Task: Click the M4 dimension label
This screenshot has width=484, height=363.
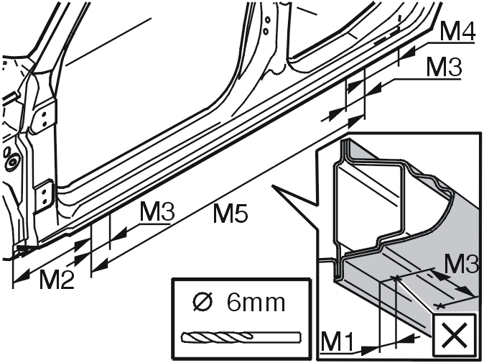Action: [457, 32]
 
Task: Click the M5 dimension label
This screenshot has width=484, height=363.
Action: [231, 213]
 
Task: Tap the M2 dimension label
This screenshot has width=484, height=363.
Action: [57, 280]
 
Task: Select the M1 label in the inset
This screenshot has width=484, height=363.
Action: [337, 341]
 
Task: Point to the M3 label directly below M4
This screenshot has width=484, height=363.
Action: [445, 68]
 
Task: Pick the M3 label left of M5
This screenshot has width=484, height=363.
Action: [157, 211]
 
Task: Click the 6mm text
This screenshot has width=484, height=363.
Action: [256, 303]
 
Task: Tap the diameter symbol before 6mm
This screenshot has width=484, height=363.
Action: [203, 302]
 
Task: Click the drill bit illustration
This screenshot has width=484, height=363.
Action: [242, 336]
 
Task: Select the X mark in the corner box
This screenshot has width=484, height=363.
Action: [454, 335]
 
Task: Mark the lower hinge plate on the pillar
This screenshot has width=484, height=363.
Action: [44, 196]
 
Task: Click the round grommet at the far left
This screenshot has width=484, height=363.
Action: [13, 162]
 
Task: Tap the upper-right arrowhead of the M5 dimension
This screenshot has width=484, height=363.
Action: [356, 121]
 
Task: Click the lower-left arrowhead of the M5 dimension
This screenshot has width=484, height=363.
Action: [100, 266]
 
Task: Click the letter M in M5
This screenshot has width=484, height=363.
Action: [222, 213]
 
